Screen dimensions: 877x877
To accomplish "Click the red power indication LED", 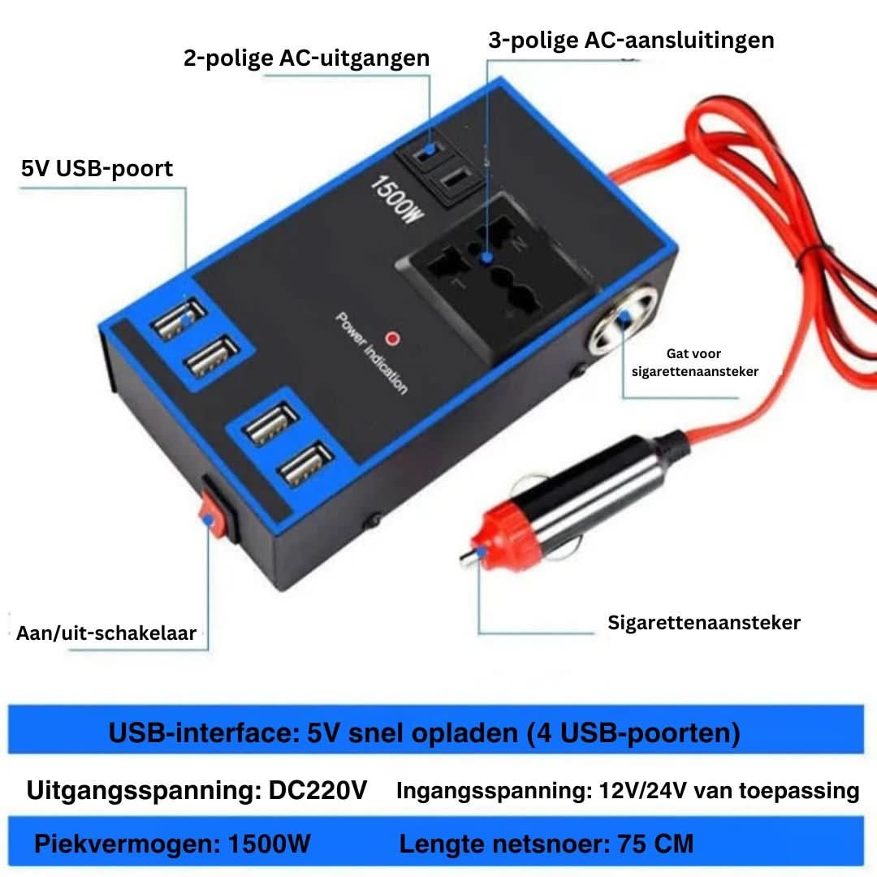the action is (393, 339).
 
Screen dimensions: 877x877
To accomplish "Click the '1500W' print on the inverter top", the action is (396, 200).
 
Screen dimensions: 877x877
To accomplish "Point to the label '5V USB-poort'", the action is (97, 168).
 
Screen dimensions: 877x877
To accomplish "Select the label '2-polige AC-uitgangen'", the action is (306, 58).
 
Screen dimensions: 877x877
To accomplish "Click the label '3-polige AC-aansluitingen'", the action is (631, 41).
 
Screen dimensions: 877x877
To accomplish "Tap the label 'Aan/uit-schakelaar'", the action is (106, 633).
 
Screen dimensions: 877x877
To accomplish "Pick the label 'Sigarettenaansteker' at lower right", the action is (703, 623).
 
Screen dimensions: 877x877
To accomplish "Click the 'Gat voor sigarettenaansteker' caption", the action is (694, 362).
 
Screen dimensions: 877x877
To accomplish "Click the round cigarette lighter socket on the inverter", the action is (622, 320).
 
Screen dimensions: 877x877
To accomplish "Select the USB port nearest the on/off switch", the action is (306, 464).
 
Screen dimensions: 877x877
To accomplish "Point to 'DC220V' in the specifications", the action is (318, 790).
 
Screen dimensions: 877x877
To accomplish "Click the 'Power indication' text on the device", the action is (371, 353).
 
